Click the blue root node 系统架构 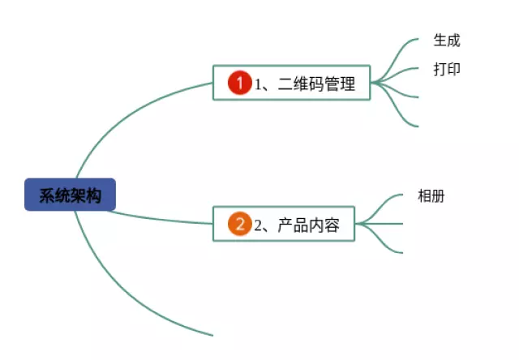click(70, 195)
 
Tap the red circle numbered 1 click(239, 83)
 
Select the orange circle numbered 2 click(239, 224)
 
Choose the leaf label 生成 click(447, 41)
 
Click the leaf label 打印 click(447, 69)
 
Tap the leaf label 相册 click(431, 195)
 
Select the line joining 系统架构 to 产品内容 click(162, 218)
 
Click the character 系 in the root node click(46, 195)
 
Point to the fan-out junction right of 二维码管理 click(374, 82)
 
